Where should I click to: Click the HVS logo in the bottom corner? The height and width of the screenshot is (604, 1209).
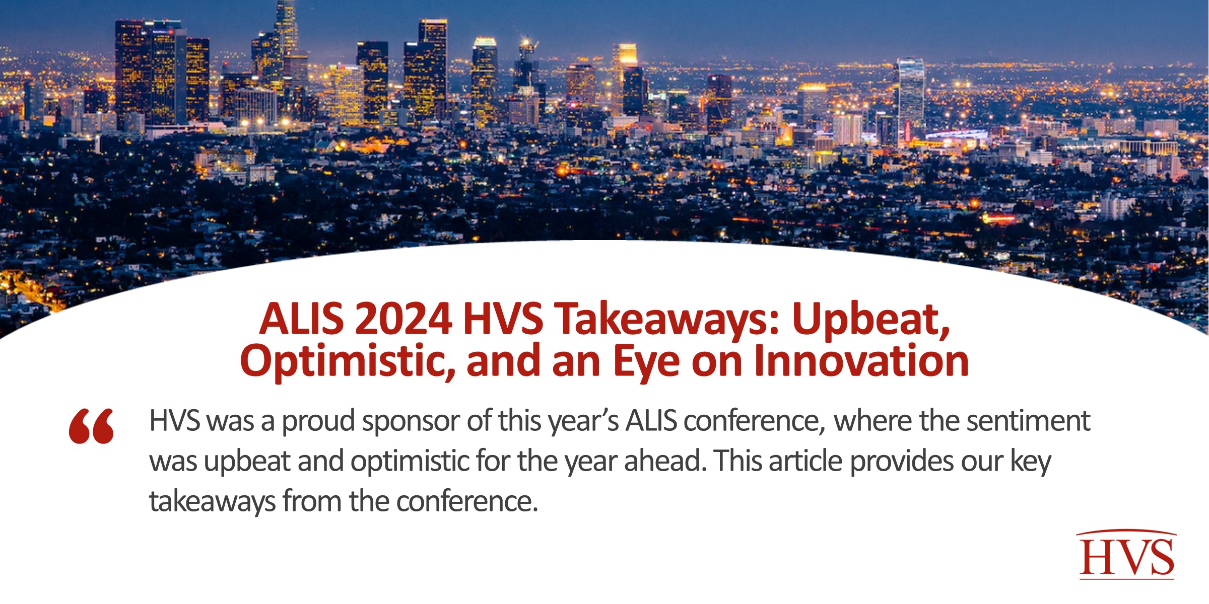pyautogui.click(x=1126, y=555)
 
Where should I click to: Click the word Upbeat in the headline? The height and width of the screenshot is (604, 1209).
pyautogui.click(x=870, y=320)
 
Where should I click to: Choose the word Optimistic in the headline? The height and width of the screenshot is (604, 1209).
pyautogui.click(x=348, y=361)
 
